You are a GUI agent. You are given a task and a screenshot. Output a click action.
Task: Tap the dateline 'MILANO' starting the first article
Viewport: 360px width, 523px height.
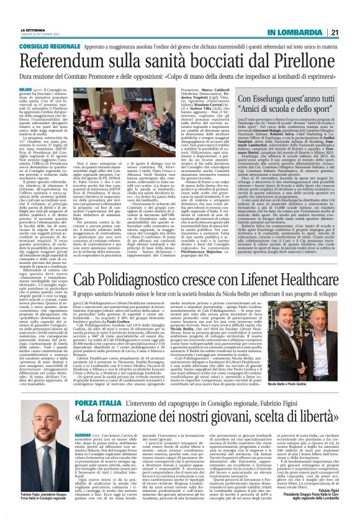[26, 88]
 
